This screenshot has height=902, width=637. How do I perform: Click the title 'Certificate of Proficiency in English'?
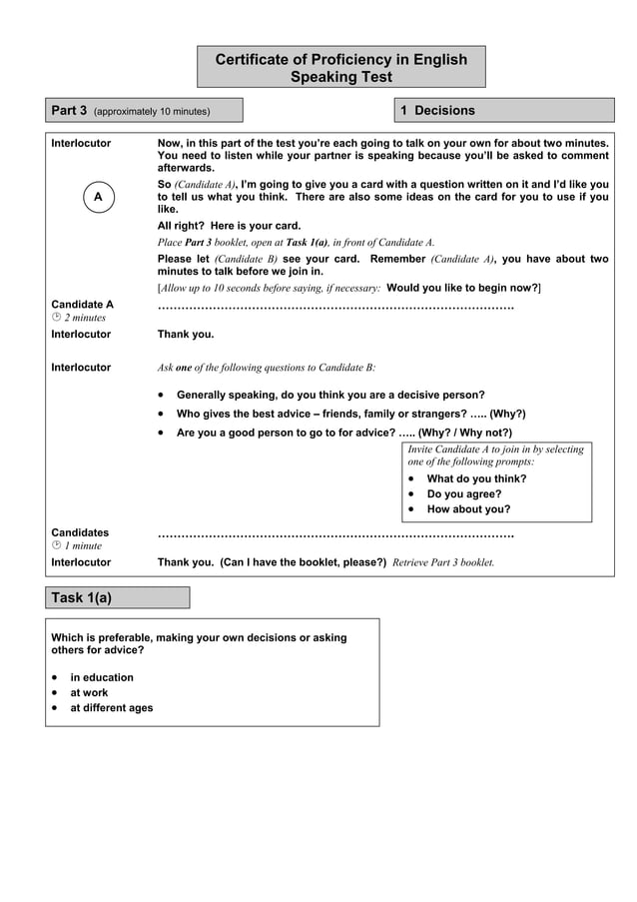point(340,60)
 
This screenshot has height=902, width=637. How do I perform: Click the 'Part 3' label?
point(70,110)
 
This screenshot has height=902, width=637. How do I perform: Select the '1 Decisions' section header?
point(437,110)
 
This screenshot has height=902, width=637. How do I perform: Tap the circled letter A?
point(98,198)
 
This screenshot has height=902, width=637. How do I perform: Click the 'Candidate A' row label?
point(83,304)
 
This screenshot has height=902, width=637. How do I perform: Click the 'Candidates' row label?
point(81,532)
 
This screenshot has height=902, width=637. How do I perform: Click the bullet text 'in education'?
point(101,677)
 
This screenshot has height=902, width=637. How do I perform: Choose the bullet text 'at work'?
point(89,692)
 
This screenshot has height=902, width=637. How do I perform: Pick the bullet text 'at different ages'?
point(111,707)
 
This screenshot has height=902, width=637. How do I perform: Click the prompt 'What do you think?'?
point(476,478)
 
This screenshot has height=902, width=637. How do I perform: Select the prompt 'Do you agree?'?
point(464,493)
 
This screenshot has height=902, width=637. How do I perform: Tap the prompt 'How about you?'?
point(468,508)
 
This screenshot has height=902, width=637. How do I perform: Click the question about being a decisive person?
point(330,395)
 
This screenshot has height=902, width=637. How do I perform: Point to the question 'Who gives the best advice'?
point(350,414)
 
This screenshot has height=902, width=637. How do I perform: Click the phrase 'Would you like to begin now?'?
point(462,288)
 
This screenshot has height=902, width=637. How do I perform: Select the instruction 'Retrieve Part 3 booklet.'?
point(443,562)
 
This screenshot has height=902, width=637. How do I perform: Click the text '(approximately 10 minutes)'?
point(152,111)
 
